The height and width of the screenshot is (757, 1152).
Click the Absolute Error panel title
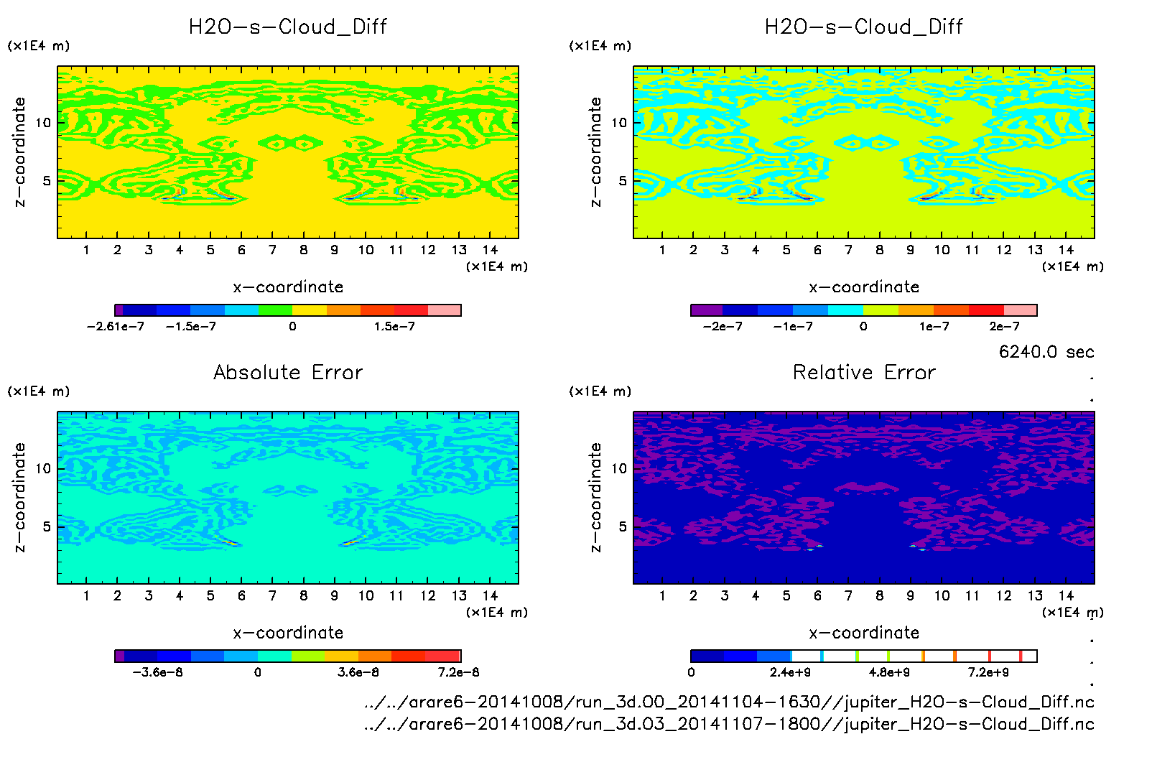(x=288, y=372)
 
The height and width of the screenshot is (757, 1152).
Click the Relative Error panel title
(x=864, y=372)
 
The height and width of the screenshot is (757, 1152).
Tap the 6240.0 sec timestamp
(x=1046, y=352)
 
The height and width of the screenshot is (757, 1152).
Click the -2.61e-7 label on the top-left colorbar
(x=115, y=327)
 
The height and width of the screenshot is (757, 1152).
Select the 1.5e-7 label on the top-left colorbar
(x=394, y=327)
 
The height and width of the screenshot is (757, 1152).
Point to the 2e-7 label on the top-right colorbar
(x=1004, y=327)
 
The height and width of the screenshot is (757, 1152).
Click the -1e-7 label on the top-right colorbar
(x=793, y=327)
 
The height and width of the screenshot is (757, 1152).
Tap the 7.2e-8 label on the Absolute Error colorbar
(x=458, y=672)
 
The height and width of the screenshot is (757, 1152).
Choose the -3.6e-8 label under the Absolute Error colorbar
(x=158, y=672)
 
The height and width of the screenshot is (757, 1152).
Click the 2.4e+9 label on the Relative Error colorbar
(x=790, y=672)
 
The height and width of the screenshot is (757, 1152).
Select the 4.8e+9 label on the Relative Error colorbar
(x=889, y=672)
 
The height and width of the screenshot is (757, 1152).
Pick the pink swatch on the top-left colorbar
(x=445, y=310)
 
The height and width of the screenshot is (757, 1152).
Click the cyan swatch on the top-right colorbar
(x=845, y=310)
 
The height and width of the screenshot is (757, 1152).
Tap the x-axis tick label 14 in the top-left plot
(x=490, y=250)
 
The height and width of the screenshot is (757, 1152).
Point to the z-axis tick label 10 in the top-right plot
(x=619, y=123)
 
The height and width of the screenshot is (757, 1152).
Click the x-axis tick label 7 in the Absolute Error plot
(x=272, y=595)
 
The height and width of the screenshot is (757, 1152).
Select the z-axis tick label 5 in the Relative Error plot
(x=623, y=526)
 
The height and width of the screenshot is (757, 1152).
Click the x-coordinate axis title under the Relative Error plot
(x=864, y=633)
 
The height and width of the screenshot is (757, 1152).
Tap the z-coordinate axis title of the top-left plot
(x=20, y=152)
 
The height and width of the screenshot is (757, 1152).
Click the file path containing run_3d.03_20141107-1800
(x=729, y=724)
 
